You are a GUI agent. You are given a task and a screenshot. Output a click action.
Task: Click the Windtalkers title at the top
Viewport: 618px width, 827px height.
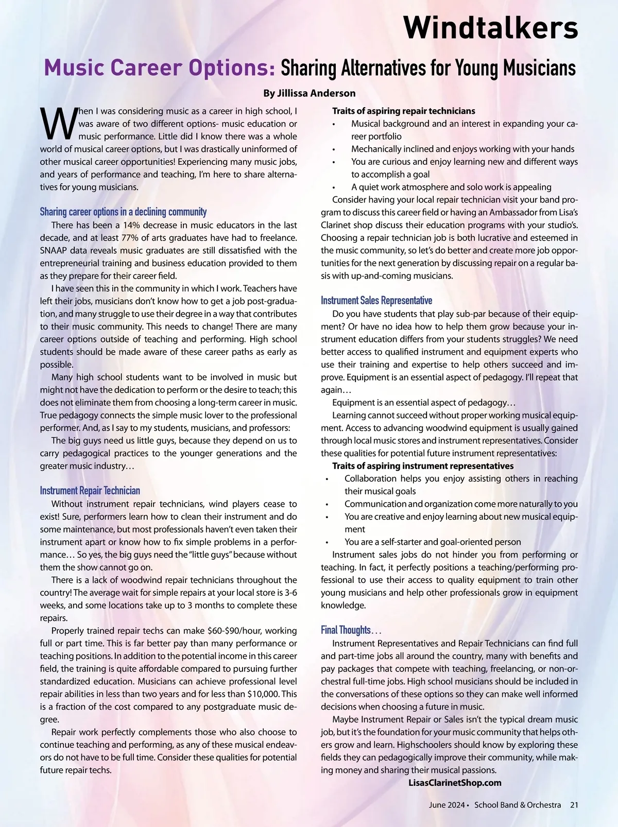tap(490, 27)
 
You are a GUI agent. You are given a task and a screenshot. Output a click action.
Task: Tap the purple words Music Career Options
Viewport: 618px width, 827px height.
tap(160, 68)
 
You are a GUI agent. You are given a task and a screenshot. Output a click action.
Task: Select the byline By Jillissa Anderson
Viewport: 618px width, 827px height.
tap(309, 93)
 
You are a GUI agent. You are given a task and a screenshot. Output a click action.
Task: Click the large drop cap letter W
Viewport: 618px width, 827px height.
tap(58, 124)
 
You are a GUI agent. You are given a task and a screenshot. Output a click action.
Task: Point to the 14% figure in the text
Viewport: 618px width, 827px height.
tap(132, 225)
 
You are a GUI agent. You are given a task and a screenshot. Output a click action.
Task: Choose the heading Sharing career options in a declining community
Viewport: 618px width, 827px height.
tap(123, 212)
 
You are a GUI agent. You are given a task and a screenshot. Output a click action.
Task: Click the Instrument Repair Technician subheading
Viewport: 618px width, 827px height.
tap(90, 491)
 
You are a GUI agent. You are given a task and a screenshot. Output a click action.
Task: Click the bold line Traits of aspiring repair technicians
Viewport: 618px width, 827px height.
tap(403, 111)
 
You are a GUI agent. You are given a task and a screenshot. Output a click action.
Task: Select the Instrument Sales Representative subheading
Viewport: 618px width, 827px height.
tap(376, 300)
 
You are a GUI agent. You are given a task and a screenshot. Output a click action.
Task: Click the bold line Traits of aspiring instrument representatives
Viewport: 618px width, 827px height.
tap(423, 466)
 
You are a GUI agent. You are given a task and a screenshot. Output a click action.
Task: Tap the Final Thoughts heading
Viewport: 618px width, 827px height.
tap(350, 630)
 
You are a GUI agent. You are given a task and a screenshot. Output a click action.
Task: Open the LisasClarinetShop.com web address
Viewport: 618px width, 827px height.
tap(454, 783)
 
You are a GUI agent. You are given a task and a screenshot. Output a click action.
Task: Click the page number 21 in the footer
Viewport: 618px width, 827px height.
tap(574, 805)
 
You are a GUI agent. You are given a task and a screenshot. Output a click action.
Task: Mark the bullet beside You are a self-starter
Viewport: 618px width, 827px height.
tap(327, 543)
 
